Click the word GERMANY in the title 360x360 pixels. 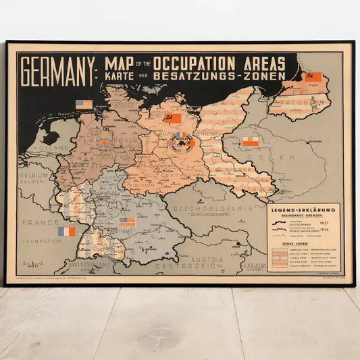57,70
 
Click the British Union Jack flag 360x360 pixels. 105,143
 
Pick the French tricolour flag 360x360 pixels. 67,231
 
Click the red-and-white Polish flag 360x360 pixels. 251,141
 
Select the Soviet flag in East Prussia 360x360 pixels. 312,76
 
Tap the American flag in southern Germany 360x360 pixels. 127,222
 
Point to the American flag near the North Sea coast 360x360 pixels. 84,104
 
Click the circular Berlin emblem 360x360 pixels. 181,138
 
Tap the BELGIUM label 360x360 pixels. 32,174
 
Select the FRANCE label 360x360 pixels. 34,222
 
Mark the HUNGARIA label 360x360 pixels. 254,267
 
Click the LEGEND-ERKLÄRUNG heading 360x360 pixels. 305,210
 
